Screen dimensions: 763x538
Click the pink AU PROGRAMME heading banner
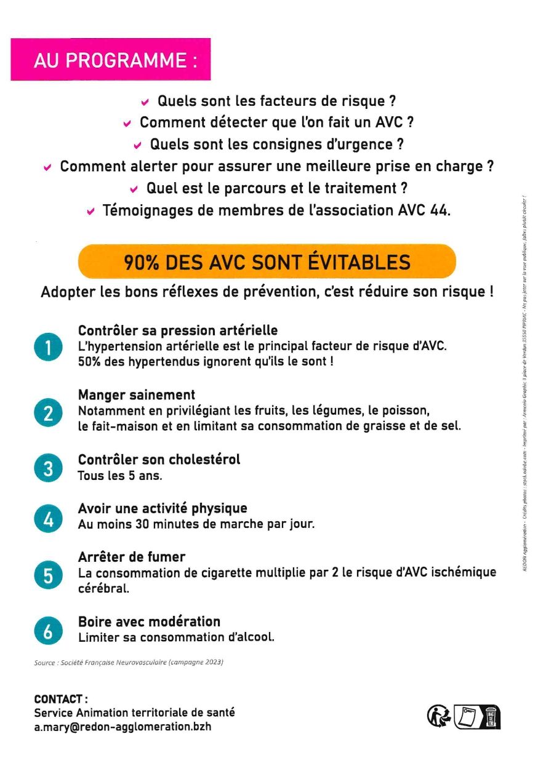coord(111,60)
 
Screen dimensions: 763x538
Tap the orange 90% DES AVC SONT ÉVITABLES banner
coord(267,262)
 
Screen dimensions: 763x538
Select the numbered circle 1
coord(48,348)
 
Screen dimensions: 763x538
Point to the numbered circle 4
coord(48,518)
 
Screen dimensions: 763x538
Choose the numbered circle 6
coord(48,631)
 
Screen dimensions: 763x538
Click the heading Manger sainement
coord(137,395)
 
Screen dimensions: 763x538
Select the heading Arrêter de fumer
coord(132,557)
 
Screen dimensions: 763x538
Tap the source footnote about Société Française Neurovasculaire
coord(129,663)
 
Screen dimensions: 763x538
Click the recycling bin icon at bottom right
coord(491,716)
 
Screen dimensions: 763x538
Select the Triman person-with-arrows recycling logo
coord(439,716)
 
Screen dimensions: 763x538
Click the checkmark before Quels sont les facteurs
coord(145,102)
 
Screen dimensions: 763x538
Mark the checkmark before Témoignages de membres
coord(90,212)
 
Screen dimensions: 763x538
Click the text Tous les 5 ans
coord(120,476)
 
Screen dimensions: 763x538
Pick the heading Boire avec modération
coord(149,621)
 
